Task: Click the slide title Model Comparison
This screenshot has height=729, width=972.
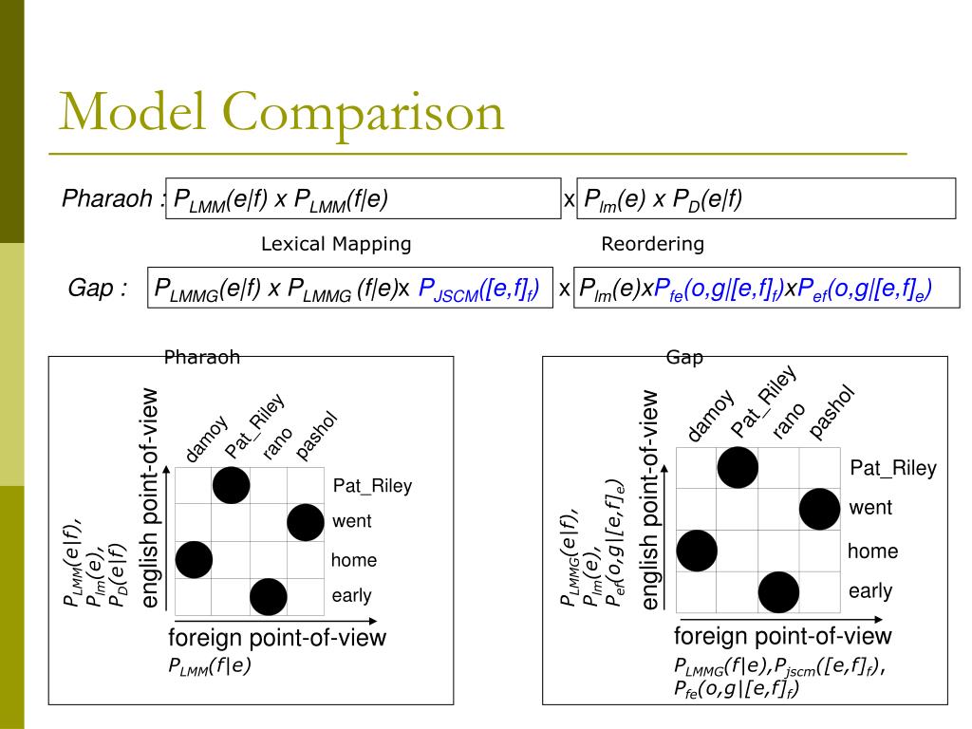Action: pos(281,112)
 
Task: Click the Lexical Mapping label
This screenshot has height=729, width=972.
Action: pos(336,244)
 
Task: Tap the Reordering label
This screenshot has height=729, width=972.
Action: pos(652,244)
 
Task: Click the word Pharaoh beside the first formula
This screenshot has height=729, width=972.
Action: pos(107,199)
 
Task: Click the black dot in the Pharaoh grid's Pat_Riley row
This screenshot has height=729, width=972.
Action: pos(232,485)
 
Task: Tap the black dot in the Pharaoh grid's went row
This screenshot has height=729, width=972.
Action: pos(305,522)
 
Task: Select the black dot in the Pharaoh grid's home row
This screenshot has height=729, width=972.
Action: pos(195,559)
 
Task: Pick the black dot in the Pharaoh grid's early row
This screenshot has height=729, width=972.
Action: pos(269,596)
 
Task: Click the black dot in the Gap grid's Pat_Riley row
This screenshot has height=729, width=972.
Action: pos(738,467)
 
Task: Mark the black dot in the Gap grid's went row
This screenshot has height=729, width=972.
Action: pos(820,509)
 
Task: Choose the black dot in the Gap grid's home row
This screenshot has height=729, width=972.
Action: pos(697,551)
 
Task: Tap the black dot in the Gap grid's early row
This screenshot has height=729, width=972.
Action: pos(778,591)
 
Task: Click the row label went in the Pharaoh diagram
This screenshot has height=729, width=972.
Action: pos(352,521)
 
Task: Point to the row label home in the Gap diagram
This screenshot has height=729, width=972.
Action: pos(872,551)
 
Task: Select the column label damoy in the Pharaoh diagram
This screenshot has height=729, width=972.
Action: pos(206,439)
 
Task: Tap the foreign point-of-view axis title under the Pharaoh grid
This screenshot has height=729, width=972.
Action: pos(277,637)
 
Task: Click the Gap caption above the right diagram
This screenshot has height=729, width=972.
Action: pos(684,358)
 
